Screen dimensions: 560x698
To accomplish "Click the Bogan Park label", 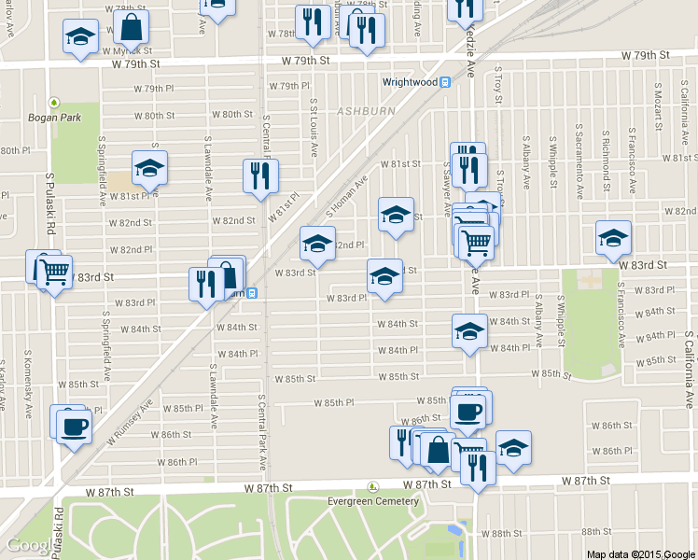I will coord(55,118).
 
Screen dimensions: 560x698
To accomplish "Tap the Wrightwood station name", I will coord(410,82).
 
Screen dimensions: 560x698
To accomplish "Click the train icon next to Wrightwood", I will coord(446,82).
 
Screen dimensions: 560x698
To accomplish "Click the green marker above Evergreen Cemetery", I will coord(373,486).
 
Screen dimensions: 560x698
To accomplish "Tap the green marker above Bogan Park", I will coord(55,103).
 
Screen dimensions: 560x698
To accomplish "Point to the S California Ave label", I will coord(690,372).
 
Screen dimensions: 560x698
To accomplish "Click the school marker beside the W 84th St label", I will coord(469,330).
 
